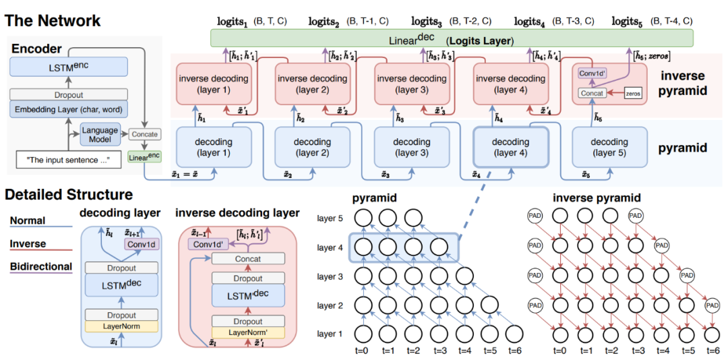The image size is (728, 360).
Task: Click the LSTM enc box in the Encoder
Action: click(69, 67)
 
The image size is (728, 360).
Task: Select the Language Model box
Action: click(99, 135)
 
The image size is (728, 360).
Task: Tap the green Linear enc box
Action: click(144, 156)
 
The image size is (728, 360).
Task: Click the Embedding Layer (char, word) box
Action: click(69, 109)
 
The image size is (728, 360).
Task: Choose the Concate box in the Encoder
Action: click(144, 135)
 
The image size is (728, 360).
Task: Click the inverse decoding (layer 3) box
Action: click(411, 84)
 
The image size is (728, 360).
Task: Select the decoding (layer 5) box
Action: click(609, 147)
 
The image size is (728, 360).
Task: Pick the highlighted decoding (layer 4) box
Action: click(510, 147)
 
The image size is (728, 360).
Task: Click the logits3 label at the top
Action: click(423, 22)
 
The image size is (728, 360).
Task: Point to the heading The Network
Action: click(53, 21)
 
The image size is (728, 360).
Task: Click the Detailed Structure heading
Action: click(69, 195)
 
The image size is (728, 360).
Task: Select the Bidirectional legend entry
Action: click(41, 267)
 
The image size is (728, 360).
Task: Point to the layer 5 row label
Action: click(330, 219)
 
